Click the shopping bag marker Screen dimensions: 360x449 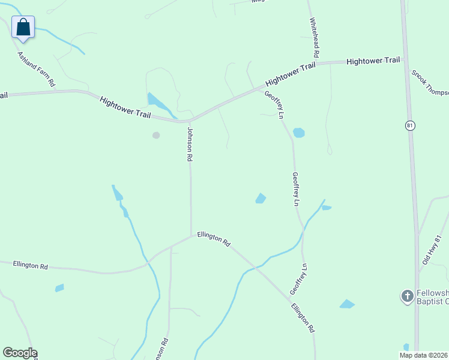click(x=23, y=27)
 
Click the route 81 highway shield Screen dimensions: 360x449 click(x=409, y=125)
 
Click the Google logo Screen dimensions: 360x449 click(x=20, y=352)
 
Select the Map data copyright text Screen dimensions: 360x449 click(x=424, y=355)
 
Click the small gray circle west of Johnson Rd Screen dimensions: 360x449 click(x=156, y=135)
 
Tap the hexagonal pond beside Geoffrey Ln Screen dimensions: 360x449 click(x=298, y=133)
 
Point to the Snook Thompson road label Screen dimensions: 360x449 click(x=430, y=82)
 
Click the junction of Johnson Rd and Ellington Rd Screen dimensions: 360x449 click(x=191, y=235)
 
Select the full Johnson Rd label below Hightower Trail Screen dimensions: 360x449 click(x=190, y=144)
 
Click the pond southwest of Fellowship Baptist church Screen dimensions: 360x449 click(x=347, y=304)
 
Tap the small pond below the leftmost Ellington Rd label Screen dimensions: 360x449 click(x=59, y=288)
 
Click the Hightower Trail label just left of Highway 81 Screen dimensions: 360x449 click(x=373, y=61)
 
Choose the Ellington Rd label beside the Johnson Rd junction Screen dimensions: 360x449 click(x=214, y=240)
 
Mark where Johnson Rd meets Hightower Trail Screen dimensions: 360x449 click(x=189, y=120)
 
